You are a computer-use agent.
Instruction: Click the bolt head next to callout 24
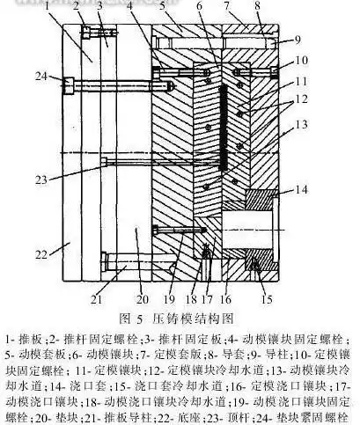[67, 84]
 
